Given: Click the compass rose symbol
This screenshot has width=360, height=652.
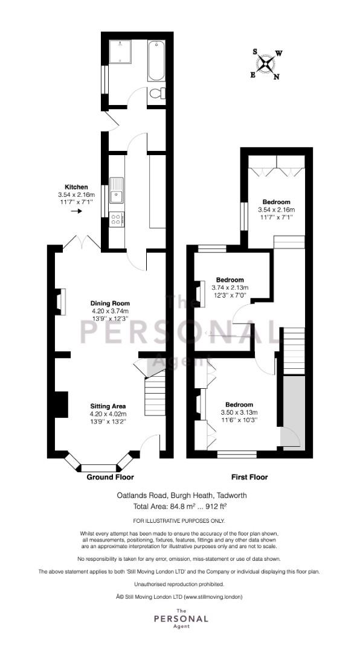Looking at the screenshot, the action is [266, 64].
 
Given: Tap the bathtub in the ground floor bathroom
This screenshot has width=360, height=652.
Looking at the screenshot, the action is [156, 61].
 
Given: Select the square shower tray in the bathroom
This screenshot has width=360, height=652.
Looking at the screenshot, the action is [120, 51].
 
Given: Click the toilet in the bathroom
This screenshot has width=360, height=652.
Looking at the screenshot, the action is [157, 94].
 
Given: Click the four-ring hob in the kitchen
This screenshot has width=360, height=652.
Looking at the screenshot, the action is [117, 219].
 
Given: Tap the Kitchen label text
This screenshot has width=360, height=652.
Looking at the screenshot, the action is [76, 187].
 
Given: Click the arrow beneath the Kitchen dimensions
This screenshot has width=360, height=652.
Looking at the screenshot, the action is [76, 211].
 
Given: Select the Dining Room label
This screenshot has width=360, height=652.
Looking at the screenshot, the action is [111, 303].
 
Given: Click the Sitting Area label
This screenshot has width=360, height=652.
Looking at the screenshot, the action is [108, 406].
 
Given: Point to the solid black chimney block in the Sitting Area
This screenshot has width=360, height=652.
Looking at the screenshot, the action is [62, 404].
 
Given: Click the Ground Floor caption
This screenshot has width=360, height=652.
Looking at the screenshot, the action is [111, 477].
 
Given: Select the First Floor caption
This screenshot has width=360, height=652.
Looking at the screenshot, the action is [249, 477].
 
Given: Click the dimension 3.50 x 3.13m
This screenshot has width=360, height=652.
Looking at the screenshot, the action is [239, 412].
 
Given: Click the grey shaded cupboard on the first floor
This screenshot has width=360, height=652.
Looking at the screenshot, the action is [294, 412].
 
